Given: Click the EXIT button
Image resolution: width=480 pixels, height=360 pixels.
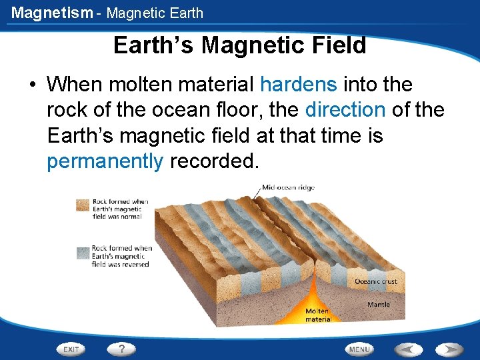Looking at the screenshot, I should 71,349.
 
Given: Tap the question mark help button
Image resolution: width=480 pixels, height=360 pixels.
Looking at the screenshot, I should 121,349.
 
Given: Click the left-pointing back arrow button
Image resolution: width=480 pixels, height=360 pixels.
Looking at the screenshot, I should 407,349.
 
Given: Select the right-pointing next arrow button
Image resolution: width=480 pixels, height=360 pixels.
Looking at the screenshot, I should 450,349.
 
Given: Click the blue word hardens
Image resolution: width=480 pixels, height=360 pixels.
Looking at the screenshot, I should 298,85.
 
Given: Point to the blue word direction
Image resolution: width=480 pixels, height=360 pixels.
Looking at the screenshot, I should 345,110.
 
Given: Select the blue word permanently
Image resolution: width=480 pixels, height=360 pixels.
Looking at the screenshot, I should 105,161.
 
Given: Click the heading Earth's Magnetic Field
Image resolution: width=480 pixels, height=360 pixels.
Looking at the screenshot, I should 239,45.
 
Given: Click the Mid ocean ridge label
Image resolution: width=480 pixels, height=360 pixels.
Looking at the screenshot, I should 289,188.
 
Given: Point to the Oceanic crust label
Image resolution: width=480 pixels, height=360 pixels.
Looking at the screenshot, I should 376,281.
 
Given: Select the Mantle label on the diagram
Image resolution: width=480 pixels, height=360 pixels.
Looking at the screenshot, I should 379,305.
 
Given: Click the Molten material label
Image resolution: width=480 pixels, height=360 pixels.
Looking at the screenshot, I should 318,315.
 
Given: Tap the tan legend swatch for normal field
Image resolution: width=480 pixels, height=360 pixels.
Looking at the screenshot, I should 83,206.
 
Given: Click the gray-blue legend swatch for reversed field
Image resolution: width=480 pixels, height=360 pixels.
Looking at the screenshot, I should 83,253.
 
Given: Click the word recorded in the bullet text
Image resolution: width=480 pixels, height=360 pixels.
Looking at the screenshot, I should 213,161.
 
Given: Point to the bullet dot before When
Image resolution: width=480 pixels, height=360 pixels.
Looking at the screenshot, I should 32,85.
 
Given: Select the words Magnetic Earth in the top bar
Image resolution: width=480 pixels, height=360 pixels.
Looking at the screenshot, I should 155,13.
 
